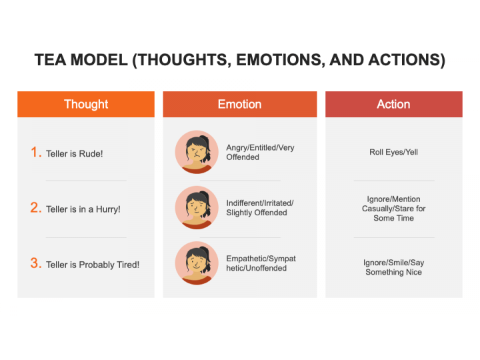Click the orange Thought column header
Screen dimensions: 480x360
click(86, 104)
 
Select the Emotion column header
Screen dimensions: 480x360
click(240, 104)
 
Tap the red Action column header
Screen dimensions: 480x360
click(394, 104)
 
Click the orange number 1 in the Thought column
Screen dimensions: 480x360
click(36, 152)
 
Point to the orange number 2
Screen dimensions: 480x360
click(36, 207)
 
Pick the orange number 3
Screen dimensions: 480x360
click(36, 263)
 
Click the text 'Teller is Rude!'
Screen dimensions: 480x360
click(75, 154)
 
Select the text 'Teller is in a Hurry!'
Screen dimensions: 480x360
click(83, 209)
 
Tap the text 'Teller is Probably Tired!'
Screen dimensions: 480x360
click(93, 265)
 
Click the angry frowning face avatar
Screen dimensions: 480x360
click(197, 152)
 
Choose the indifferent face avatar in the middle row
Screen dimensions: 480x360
click(197, 207)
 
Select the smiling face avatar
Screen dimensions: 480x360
click(197, 263)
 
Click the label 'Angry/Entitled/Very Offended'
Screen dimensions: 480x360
click(260, 152)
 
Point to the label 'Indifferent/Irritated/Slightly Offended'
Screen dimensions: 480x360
click(260, 207)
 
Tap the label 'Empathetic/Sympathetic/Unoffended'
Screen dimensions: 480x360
click(261, 263)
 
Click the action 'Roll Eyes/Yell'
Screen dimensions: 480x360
click(394, 152)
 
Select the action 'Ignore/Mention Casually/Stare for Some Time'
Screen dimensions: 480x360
click(394, 209)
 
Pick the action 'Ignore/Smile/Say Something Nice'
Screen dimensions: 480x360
click(394, 267)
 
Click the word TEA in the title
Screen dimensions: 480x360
click(50, 60)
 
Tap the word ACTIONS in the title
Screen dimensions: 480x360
click(407, 60)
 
